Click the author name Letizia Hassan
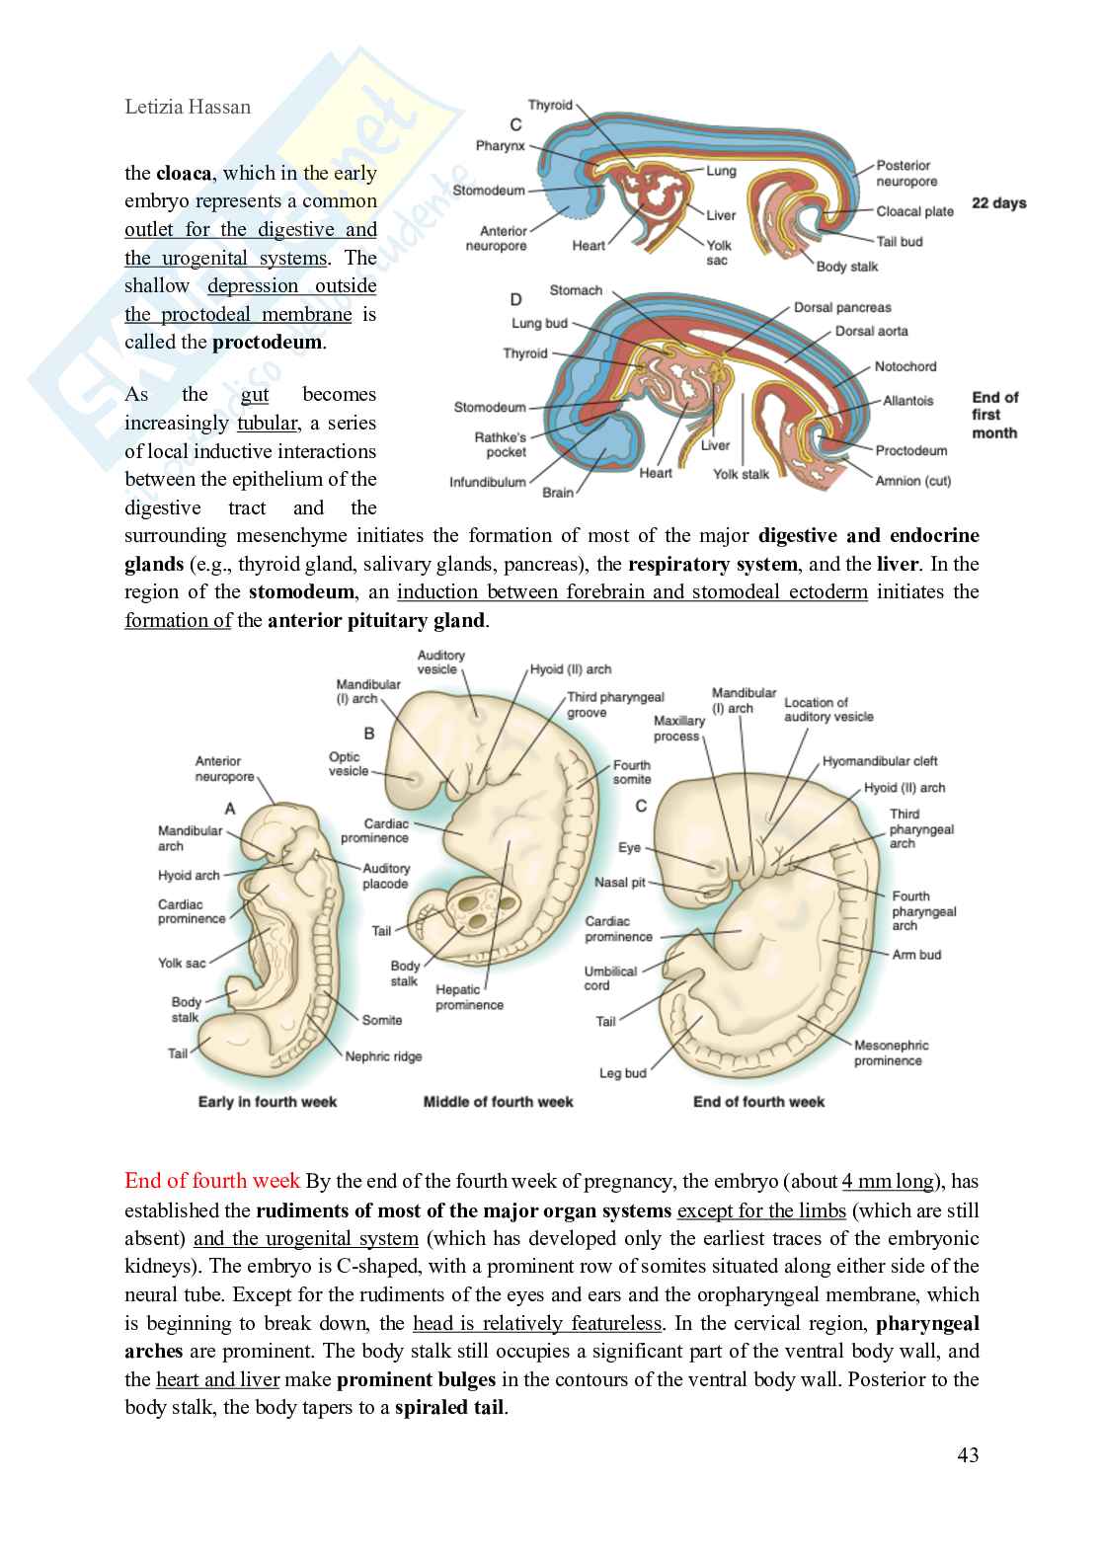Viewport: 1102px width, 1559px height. [x=188, y=107]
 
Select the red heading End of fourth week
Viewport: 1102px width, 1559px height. [x=212, y=1181]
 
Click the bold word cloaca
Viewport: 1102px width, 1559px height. [x=184, y=174]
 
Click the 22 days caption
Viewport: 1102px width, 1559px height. [x=998, y=202]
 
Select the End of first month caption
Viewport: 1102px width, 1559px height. [x=994, y=415]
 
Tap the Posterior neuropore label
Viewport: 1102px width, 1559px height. [x=906, y=174]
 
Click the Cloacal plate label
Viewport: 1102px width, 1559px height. [x=914, y=211]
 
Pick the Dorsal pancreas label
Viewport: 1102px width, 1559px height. [x=842, y=307]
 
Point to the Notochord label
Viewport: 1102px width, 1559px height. [x=905, y=366]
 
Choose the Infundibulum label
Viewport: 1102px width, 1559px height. [x=488, y=483]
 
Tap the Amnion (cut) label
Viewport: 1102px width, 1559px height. [x=912, y=481]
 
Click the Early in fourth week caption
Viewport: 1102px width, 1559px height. [x=268, y=1102]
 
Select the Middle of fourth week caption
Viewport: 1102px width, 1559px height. [x=498, y=1102]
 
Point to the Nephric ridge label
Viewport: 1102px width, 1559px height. [x=383, y=1056]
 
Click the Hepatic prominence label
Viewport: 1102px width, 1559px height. [x=469, y=997]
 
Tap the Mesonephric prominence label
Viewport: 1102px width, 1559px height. [x=891, y=1052]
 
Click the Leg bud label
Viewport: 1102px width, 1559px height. [x=622, y=1073]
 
